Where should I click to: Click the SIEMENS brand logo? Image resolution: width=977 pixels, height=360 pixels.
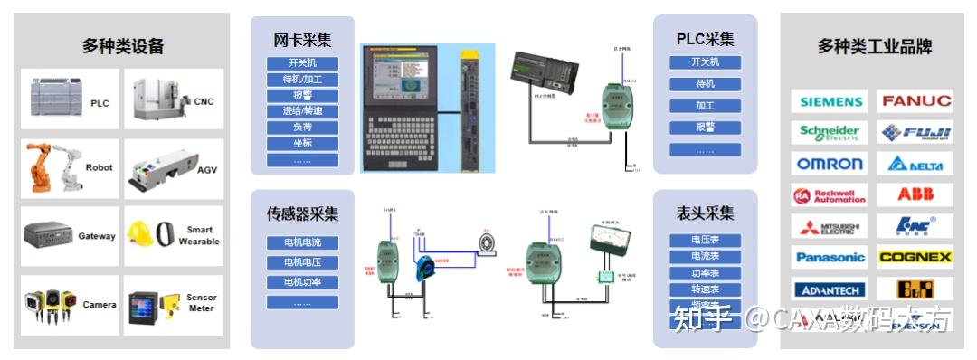[830, 101]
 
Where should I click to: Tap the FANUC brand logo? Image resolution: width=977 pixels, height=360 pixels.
[915, 101]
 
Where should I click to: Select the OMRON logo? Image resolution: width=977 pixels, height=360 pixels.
[830, 164]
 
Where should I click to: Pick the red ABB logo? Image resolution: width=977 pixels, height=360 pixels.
[915, 194]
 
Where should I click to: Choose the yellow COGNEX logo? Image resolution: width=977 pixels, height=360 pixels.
[915, 257]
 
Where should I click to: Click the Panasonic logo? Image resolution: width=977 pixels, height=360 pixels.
[830, 257]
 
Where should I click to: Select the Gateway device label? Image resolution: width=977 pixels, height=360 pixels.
[97, 236]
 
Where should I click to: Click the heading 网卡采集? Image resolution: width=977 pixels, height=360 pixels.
[302, 40]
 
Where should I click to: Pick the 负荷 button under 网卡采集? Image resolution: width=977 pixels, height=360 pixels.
[302, 128]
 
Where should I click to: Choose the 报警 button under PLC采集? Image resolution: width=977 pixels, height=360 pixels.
[705, 128]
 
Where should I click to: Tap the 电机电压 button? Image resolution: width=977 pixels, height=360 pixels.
[302, 262]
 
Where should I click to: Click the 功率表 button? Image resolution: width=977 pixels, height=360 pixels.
[705, 273]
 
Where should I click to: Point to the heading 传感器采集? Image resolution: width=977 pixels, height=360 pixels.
[302, 214]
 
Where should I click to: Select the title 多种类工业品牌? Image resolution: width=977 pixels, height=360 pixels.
[874, 46]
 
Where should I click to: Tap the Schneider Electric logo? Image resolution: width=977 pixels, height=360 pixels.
[830, 133]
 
